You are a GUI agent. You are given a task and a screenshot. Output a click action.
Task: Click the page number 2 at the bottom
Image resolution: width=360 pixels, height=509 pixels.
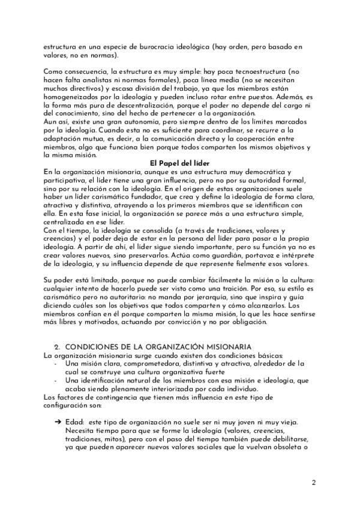point(313,482)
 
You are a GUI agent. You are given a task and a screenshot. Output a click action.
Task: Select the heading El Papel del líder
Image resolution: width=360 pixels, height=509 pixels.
point(179,163)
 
